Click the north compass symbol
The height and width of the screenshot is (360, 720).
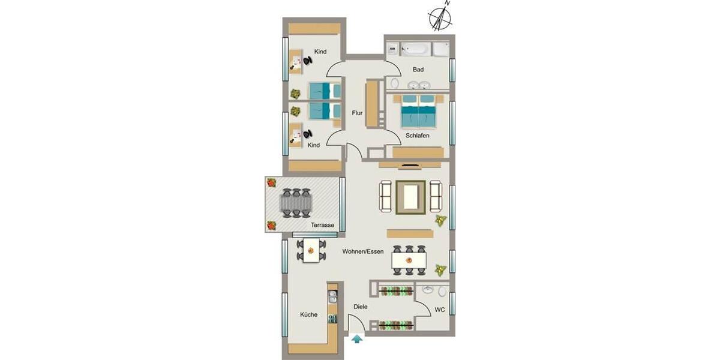click(x=441, y=18)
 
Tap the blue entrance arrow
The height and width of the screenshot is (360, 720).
click(x=358, y=340)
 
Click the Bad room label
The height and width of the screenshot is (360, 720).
click(x=418, y=70)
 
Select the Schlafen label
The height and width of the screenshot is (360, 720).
click(x=417, y=136)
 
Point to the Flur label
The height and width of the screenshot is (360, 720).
click(x=357, y=113)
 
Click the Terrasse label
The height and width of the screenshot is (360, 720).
click(x=322, y=225)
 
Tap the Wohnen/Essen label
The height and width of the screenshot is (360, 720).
click(x=363, y=251)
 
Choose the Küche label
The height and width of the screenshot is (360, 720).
click(x=309, y=314)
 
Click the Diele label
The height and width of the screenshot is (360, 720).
click(x=361, y=307)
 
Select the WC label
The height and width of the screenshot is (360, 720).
click(x=439, y=310)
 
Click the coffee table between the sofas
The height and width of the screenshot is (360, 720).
click(x=411, y=196)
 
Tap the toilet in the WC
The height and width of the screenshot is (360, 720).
click(x=443, y=292)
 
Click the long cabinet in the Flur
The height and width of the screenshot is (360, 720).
click(x=372, y=103)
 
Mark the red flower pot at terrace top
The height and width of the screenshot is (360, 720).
click(x=271, y=182)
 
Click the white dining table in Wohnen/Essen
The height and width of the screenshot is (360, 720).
click(x=409, y=260)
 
